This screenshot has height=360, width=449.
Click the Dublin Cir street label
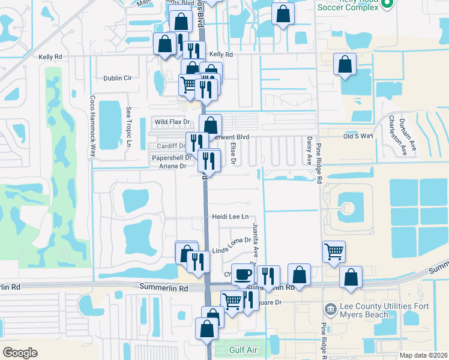pyautogui.click(x=117, y=78)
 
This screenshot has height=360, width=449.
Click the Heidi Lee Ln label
pyautogui.click(x=230, y=217)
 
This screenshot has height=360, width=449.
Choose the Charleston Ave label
pyautogui.click(x=397, y=134)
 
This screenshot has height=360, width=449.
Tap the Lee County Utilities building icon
pyautogui.click(x=330, y=310)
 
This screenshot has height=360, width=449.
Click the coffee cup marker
pyautogui.click(x=242, y=274)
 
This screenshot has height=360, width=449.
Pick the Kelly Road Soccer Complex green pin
pyautogui.click(x=387, y=4)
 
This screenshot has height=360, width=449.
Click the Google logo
pyautogui.click(x=19, y=352)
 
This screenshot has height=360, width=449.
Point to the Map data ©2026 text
pyautogui.click(x=423, y=355)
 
